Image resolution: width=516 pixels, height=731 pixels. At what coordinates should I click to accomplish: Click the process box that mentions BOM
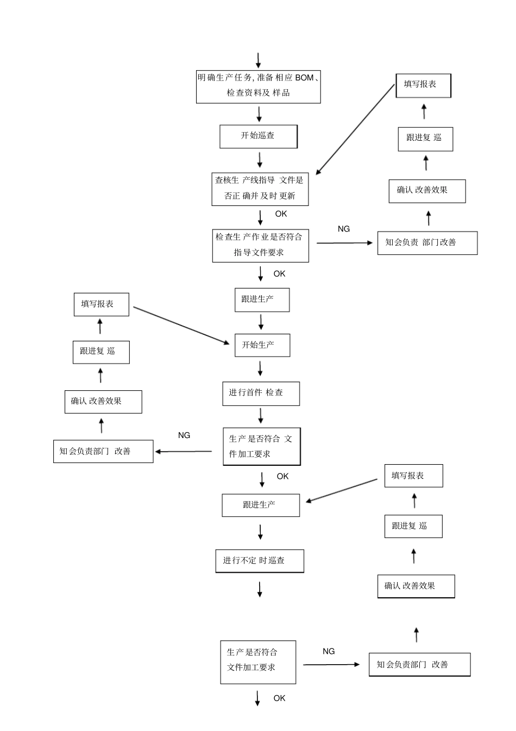(x=258, y=86)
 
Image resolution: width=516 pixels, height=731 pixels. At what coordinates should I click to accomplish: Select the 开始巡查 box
(x=258, y=136)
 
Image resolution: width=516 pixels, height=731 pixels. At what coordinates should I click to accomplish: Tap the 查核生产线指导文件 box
(x=260, y=189)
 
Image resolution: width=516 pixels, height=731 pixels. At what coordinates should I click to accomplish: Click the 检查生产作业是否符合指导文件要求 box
(x=260, y=246)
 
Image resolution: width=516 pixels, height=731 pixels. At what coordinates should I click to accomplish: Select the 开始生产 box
(x=262, y=345)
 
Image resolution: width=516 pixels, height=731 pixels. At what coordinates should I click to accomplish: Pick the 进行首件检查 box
(x=261, y=393)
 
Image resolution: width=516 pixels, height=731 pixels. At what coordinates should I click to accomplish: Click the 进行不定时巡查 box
(x=259, y=561)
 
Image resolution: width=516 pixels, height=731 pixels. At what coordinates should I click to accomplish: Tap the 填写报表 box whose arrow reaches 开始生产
(x=101, y=304)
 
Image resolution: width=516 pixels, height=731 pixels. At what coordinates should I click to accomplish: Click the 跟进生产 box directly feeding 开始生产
(x=262, y=299)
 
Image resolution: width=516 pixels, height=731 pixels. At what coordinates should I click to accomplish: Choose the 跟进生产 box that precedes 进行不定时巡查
(x=260, y=505)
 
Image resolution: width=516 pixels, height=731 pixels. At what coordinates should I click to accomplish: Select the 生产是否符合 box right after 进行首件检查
(x=261, y=446)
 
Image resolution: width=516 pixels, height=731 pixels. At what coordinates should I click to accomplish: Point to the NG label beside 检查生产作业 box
(x=344, y=229)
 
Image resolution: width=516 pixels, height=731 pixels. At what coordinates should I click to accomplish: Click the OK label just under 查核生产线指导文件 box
(x=281, y=214)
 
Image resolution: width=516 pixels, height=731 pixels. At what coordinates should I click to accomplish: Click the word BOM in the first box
(x=304, y=78)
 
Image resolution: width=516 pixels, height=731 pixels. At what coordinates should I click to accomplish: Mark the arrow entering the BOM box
(x=258, y=60)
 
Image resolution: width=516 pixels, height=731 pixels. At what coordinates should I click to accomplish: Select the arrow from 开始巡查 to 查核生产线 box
(x=260, y=160)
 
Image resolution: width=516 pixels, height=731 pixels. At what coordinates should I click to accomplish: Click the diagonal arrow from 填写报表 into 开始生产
(x=181, y=325)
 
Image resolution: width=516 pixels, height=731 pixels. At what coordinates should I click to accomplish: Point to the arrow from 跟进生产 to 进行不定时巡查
(x=260, y=532)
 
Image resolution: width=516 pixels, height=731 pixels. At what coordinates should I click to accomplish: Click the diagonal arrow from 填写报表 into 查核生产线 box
(x=355, y=129)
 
